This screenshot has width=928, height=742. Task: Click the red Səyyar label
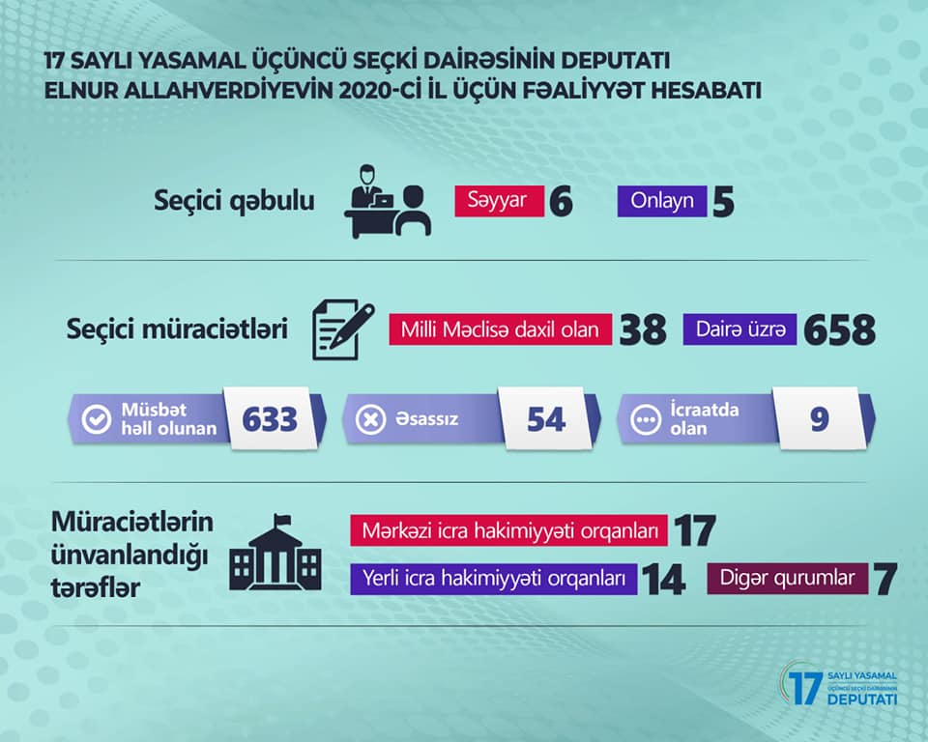coord(499,201)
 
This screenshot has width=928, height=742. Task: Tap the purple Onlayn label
coord(661,201)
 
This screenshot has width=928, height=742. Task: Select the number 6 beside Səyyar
coord(561,202)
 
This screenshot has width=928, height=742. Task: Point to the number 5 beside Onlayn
coord(723,202)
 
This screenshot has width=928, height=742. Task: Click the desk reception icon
coord(388,201)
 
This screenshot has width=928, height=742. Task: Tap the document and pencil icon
coord(343,329)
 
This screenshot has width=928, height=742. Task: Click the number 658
coord(839,330)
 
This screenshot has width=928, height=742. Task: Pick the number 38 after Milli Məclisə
coord(643,330)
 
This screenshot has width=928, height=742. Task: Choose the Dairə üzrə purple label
coord(739,329)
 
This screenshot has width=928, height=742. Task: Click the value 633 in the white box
coord(270,419)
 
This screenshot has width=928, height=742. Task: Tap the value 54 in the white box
coord(546,419)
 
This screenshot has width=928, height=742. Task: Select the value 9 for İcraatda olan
coord(819,419)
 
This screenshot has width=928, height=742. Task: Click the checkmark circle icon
coord(97,419)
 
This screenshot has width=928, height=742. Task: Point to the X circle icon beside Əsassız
coord(370,420)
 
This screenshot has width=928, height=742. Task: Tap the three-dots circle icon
coord(645,420)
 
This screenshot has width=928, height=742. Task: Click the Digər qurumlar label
coord(787,578)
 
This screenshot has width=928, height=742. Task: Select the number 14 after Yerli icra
coord(663,580)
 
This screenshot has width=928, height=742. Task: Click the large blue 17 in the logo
coord(805,688)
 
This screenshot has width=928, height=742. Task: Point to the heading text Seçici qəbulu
coord(234,201)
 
